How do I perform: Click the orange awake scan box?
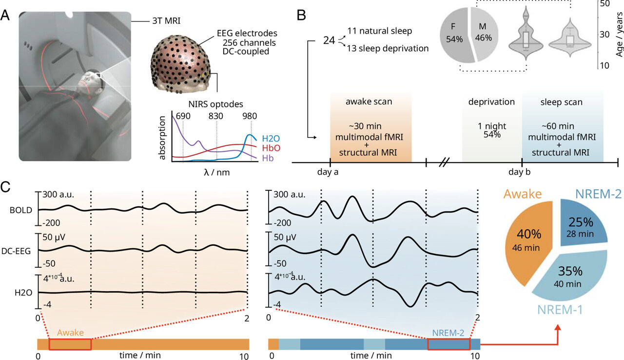[x=370, y=127]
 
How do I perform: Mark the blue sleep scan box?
[x=562, y=127]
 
